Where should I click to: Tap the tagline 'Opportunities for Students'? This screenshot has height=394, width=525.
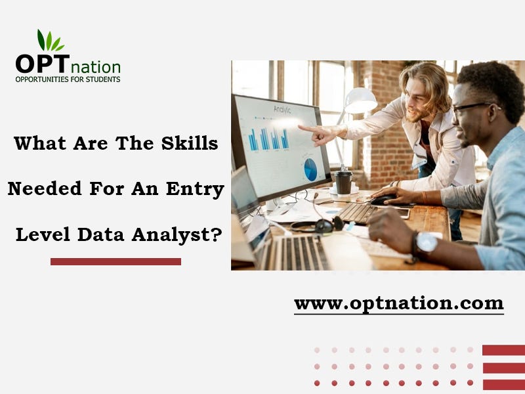click(68, 79)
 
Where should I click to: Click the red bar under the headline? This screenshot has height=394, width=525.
click(115, 261)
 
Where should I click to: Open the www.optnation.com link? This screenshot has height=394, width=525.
click(398, 304)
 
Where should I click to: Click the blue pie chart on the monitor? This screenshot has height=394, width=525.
click(310, 169)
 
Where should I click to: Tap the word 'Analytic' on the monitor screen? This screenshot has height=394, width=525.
click(282, 110)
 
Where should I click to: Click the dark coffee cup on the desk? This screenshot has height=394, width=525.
click(343, 181)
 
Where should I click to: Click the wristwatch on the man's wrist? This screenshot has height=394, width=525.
click(426, 243)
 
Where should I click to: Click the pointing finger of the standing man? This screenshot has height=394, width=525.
click(304, 127)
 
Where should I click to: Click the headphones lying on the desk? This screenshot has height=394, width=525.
click(320, 225)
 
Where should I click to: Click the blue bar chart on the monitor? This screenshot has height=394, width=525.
click(268, 139)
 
